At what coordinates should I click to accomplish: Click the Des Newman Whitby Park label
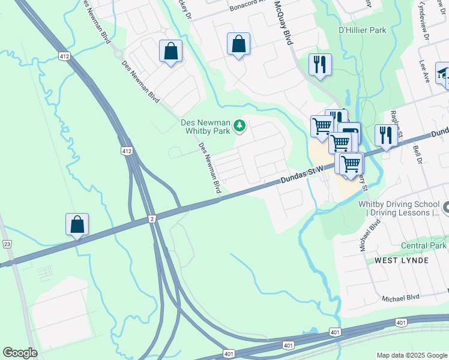click(206, 127)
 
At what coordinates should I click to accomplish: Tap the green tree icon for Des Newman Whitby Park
click(240, 125)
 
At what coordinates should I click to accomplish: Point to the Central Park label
click(424, 245)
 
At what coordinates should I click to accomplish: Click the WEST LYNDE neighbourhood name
click(402, 260)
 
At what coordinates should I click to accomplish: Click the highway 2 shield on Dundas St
click(152, 220)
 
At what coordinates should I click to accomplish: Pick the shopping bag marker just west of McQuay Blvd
click(238, 44)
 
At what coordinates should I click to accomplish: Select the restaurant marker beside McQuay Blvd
click(320, 65)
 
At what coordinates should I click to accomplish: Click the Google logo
click(20, 353)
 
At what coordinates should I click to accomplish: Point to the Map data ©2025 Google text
click(411, 355)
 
